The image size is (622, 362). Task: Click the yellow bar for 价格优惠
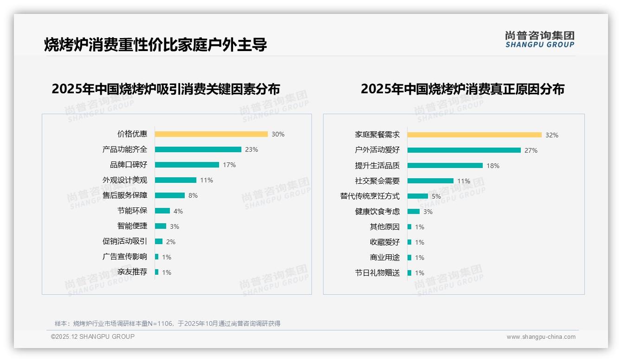[211, 134]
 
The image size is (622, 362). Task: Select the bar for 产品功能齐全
[198, 149]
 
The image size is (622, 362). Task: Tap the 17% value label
[229, 165]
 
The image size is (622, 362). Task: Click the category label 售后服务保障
[125, 195]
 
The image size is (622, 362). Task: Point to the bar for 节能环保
[162, 211]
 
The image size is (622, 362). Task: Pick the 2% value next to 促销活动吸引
[171, 242]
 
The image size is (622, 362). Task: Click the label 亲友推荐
[132, 272]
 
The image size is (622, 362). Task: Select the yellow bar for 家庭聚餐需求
[474, 135]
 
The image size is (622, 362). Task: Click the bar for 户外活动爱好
[464, 150]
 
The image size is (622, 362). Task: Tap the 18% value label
[493, 166]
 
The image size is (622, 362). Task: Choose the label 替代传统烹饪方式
[370, 196]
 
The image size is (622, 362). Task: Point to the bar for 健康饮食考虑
[414, 212]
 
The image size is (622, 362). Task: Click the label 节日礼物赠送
[377, 273]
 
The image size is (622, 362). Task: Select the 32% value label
[552, 135]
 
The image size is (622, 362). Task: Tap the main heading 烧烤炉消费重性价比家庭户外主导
[155, 45]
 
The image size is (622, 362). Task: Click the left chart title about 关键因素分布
[166, 89]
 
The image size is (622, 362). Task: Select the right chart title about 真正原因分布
[462, 89]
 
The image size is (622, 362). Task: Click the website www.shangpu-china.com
[541, 337]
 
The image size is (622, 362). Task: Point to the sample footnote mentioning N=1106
[168, 323]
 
